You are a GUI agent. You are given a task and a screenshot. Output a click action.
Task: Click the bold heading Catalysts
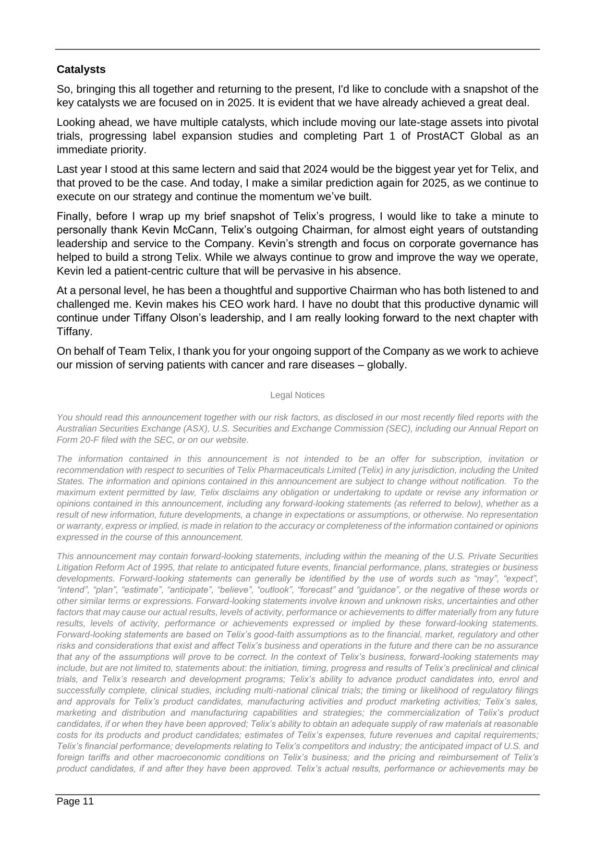coord(81,70)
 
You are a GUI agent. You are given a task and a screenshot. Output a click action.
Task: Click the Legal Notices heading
coord(297,395)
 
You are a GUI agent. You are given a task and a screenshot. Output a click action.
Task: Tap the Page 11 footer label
coord(75,801)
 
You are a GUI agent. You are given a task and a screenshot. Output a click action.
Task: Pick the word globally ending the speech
coord(387,365)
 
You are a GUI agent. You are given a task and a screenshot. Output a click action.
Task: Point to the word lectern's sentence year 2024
coord(315,169)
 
